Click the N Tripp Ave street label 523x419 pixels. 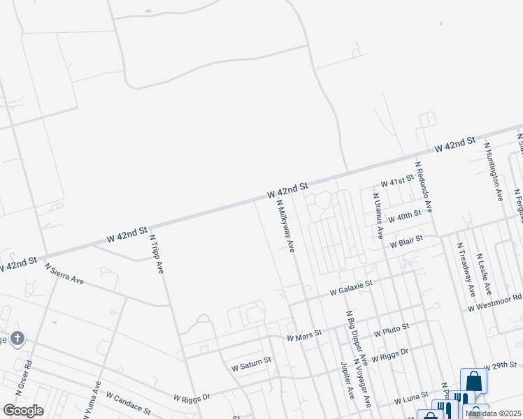[x=157, y=253]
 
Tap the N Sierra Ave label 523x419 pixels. [x=64, y=274]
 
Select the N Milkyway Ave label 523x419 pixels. [x=286, y=228]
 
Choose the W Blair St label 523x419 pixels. [x=406, y=242]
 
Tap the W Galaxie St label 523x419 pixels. [x=352, y=287]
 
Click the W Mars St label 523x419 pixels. [x=304, y=335]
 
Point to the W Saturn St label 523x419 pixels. [x=251, y=365]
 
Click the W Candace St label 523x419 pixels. [x=128, y=402]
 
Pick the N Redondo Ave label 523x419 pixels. [x=424, y=187]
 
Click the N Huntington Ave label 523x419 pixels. [x=493, y=172]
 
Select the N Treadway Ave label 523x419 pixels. [x=466, y=269]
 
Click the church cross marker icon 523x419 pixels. [x=17, y=340]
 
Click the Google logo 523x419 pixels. [x=23, y=410]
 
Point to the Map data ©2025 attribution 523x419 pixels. [x=493, y=413]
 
